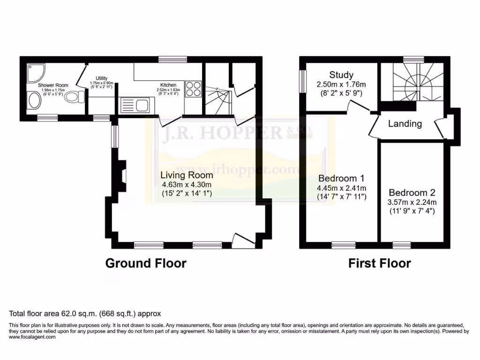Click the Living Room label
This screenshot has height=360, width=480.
click(187, 175)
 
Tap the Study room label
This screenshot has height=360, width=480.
click(341, 75)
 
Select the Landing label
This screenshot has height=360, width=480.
click(405, 124)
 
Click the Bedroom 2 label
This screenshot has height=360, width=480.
click(412, 193)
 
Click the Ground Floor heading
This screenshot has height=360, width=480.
click(146, 263)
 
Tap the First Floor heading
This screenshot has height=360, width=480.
click(379, 263)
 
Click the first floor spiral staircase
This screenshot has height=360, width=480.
click(412, 85)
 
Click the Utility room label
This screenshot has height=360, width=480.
click(102, 78)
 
